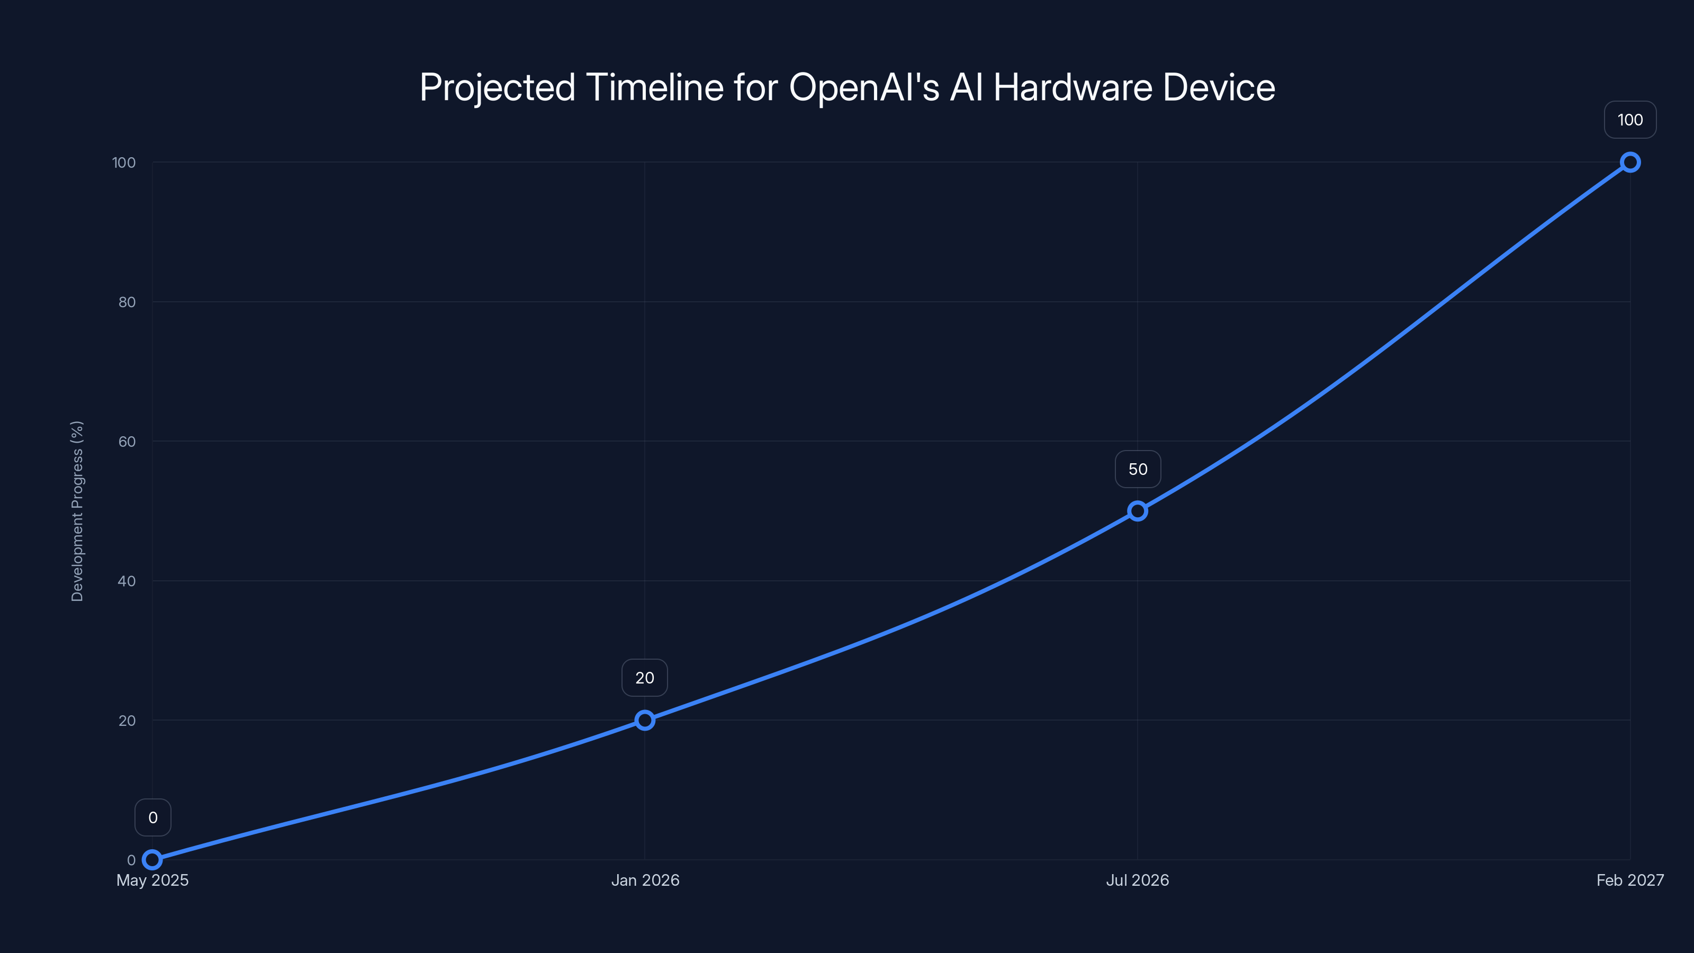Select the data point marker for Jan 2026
[644, 720]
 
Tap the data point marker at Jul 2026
[1137, 511]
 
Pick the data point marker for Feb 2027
[1629, 163]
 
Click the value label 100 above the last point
[1629, 120]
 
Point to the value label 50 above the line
[1138, 469]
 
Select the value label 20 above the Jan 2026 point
[644, 678]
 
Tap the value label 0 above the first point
[152, 817]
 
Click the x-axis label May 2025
[152, 880]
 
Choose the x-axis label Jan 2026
[645, 880]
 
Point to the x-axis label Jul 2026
[1137, 880]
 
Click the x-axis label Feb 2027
[1629, 880]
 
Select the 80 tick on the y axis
[127, 302]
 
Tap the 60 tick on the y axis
[127, 442]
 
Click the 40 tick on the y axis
[127, 581]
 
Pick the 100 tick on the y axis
[124, 163]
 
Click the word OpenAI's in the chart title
[864, 87]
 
